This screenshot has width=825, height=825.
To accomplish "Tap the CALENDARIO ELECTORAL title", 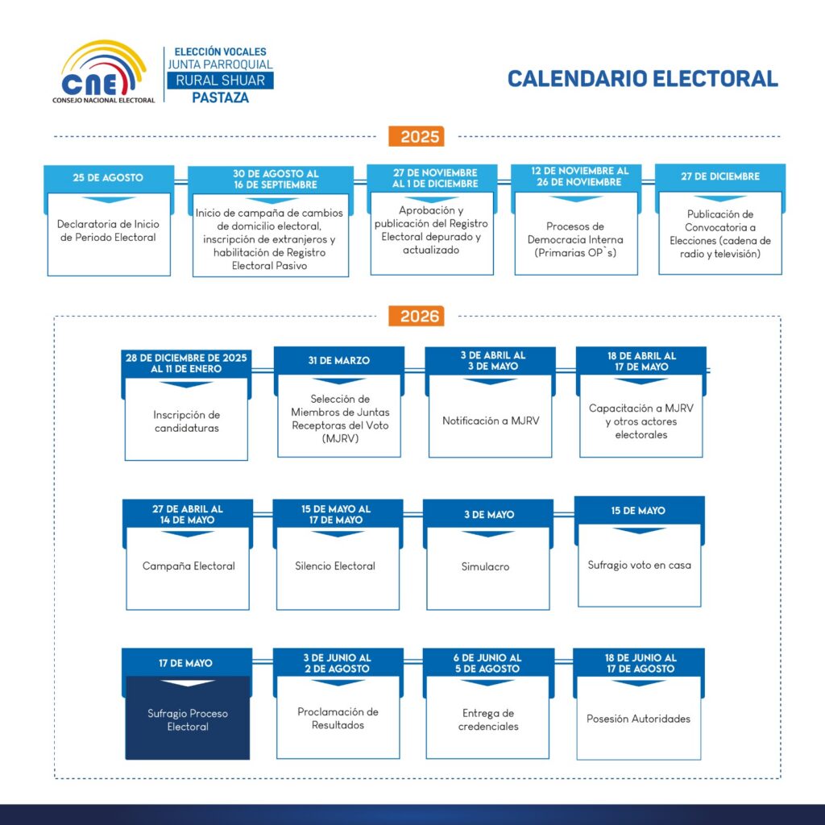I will tap(642, 78).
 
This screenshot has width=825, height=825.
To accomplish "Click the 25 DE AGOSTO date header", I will tap(108, 177).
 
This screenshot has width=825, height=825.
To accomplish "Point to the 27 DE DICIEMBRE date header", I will tap(719, 176).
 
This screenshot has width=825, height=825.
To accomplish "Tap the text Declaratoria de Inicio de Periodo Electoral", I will tap(108, 231).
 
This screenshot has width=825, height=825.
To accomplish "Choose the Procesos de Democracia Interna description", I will tap(575, 239).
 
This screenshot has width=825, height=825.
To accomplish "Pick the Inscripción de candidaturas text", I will tap(187, 421).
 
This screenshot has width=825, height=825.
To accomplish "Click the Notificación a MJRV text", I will tap(489, 421).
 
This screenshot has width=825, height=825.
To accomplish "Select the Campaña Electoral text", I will tap(189, 566).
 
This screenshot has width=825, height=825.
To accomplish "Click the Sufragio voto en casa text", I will tap(640, 565).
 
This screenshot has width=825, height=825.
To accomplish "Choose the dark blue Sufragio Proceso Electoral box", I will tap(188, 717).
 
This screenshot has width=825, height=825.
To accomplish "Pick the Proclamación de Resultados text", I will tap(338, 718).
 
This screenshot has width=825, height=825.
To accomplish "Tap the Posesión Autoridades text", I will tap(639, 719).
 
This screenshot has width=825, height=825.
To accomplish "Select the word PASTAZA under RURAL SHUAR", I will tap(220, 98).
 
